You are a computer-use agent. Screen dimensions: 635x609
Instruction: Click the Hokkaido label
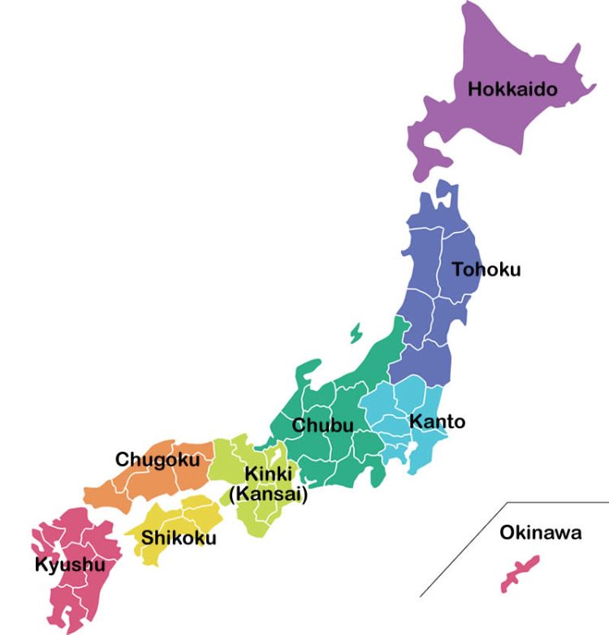(512, 88)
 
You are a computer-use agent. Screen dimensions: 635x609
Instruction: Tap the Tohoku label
(486, 269)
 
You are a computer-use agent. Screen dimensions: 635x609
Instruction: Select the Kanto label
(437, 422)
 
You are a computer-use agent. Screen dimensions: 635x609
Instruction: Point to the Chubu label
(323, 425)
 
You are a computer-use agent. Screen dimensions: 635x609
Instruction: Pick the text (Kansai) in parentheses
(268, 495)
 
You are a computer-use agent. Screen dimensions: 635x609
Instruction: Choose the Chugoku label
(158, 460)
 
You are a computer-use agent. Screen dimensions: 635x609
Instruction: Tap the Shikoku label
(179, 537)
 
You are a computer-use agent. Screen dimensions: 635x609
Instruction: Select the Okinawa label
(540, 533)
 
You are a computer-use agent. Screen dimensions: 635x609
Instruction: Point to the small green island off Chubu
(356, 333)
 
